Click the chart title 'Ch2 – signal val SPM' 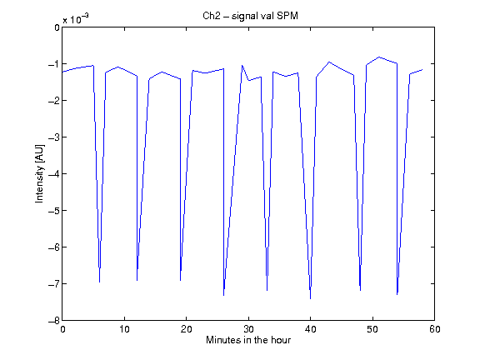pyautogui.click(x=250, y=16)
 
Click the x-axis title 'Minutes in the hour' pyautogui.click(x=248, y=340)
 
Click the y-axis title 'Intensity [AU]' pyautogui.click(x=39, y=173)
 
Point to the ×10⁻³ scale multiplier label pyautogui.click(x=76, y=19)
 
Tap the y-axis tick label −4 pyautogui.click(x=54, y=174)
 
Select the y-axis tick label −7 pyautogui.click(x=54, y=284)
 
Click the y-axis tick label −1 pyautogui.click(x=54, y=64)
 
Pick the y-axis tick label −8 pyautogui.click(x=54, y=321)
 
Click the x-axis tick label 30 pyautogui.click(x=248, y=329)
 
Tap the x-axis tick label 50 pyautogui.click(x=372, y=329)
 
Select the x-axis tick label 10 pyautogui.click(x=125, y=329)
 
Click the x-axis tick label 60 pyautogui.click(x=435, y=329)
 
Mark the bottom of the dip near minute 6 pyautogui.click(x=99, y=282)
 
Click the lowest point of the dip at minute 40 pyautogui.click(x=310, y=299)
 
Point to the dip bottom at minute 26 pyautogui.click(x=224, y=295)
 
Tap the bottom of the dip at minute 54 pyautogui.click(x=397, y=294)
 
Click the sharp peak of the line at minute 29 pyautogui.click(x=242, y=65)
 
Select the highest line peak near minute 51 pyautogui.click(x=379, y=57)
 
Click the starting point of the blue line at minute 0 pyautogui.click(x=62, y=72)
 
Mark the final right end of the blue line pyautogui.click(x=422, y=70)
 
